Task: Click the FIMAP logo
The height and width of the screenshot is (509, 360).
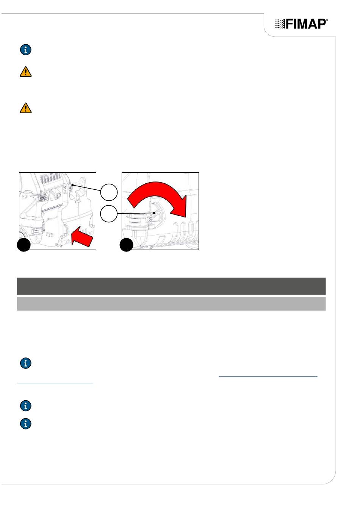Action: pos(301,24)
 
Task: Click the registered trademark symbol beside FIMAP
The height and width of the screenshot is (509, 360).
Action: pos(327,20)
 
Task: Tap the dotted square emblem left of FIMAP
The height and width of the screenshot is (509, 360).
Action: pos(280,24)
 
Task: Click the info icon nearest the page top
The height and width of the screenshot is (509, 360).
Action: pos(26,50)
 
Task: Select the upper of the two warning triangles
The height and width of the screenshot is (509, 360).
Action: pos(26,72)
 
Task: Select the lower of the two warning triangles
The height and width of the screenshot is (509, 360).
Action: pos(26,108)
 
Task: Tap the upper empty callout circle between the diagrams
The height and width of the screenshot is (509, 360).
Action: pos(109,192)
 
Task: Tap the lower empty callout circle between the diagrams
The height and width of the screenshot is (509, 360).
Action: pos(109,214)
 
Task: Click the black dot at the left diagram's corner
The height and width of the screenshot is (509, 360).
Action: pos(23,245)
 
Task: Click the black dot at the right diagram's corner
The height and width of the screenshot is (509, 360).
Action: pos(127,245)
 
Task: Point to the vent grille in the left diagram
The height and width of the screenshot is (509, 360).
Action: pos(51,178)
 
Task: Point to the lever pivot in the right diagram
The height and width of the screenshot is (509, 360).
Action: pos(150,219)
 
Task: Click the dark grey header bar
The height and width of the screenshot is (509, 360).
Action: pos(171,286)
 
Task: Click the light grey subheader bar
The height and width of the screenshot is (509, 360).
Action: pos(171,304)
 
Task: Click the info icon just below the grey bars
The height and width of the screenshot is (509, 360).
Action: pos(26,363)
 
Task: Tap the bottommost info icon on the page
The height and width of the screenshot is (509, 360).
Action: pos(26,424)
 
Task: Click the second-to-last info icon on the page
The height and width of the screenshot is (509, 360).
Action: pos(26,406)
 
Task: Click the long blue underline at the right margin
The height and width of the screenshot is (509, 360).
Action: pos(268,377)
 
